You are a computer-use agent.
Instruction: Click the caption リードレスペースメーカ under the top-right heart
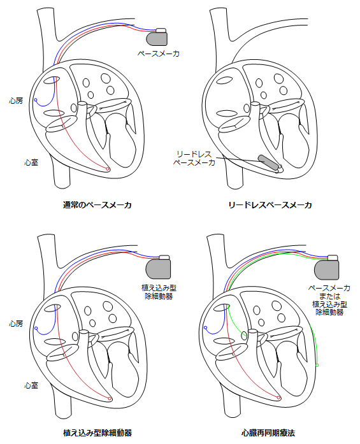point(270,204)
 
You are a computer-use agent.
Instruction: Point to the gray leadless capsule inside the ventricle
point(268,162)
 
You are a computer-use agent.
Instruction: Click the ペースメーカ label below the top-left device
point(159,54)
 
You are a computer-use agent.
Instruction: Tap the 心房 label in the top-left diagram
point(17,100)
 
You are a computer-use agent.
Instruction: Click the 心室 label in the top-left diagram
point(31,162)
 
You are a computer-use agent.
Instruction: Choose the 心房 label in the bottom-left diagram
point(17,324)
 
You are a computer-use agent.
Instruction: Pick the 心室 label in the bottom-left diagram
point(31,385)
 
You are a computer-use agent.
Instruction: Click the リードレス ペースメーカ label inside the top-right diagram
point(194,159)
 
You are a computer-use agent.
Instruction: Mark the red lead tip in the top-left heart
point(108,169)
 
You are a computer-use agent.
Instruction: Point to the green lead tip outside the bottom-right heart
point(317,366)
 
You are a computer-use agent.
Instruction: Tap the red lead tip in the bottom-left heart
point(110,398)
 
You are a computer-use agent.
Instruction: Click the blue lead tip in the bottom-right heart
point(205,329)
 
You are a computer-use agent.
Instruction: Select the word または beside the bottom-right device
point(328,296)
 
